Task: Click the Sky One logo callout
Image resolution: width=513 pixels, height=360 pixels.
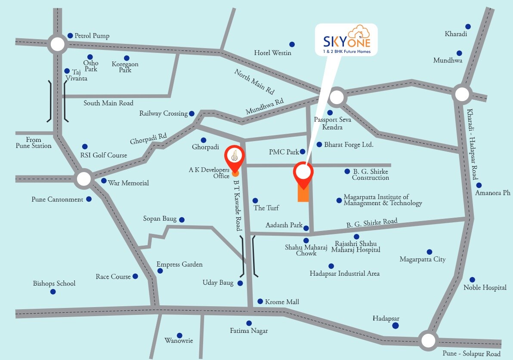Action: click(x=346, y=40)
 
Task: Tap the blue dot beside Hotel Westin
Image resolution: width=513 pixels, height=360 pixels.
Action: click(x=292, y=44)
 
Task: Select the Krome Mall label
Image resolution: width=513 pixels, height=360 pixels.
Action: click(x=282, y=302)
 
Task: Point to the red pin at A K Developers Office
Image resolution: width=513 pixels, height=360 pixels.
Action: click(x=235, y=157)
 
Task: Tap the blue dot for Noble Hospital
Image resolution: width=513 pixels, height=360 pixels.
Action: click(x=472, y=280)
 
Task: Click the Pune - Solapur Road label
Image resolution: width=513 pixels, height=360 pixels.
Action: click(x=472, y=354)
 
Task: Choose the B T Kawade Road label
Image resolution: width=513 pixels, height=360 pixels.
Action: click(x=237, y=206)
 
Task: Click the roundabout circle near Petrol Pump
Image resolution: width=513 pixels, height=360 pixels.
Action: click(x=57, y=44)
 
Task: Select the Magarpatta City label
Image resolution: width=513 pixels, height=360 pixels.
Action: click(x=422, y=259)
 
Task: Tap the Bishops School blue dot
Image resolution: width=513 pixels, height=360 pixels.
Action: click(x=53, y=292)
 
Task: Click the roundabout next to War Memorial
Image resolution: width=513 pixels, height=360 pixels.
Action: click(x=84, y=179)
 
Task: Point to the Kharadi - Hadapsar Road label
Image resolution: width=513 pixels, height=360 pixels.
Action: click(x=473, y=145)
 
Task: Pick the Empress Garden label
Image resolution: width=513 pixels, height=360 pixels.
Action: click(x=179, y=264)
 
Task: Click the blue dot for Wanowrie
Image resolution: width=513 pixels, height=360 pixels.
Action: click(x=179, y=335)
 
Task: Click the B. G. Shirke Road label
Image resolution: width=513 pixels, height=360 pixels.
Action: click(x=372, y=223)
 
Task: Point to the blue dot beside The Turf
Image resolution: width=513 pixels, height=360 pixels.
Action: click(x=255, y=201)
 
